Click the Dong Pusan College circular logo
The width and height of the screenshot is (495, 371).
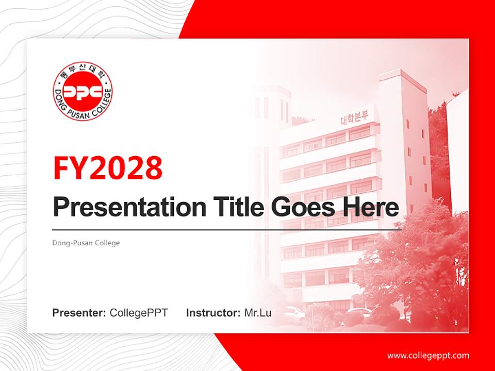pos(82,91)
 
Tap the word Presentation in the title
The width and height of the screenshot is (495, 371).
pos(122,207)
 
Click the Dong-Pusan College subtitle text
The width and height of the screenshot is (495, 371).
pos(86,243)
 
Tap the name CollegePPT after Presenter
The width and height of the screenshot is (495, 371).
pos(139,313)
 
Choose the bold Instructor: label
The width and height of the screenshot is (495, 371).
pos(213,313)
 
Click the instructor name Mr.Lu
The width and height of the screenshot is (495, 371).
pos(257,313)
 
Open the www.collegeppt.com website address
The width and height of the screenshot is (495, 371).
pos(428,355)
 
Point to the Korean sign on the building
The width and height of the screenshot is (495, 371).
pos(354,118)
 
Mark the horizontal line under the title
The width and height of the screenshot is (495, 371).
pos(227,230)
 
